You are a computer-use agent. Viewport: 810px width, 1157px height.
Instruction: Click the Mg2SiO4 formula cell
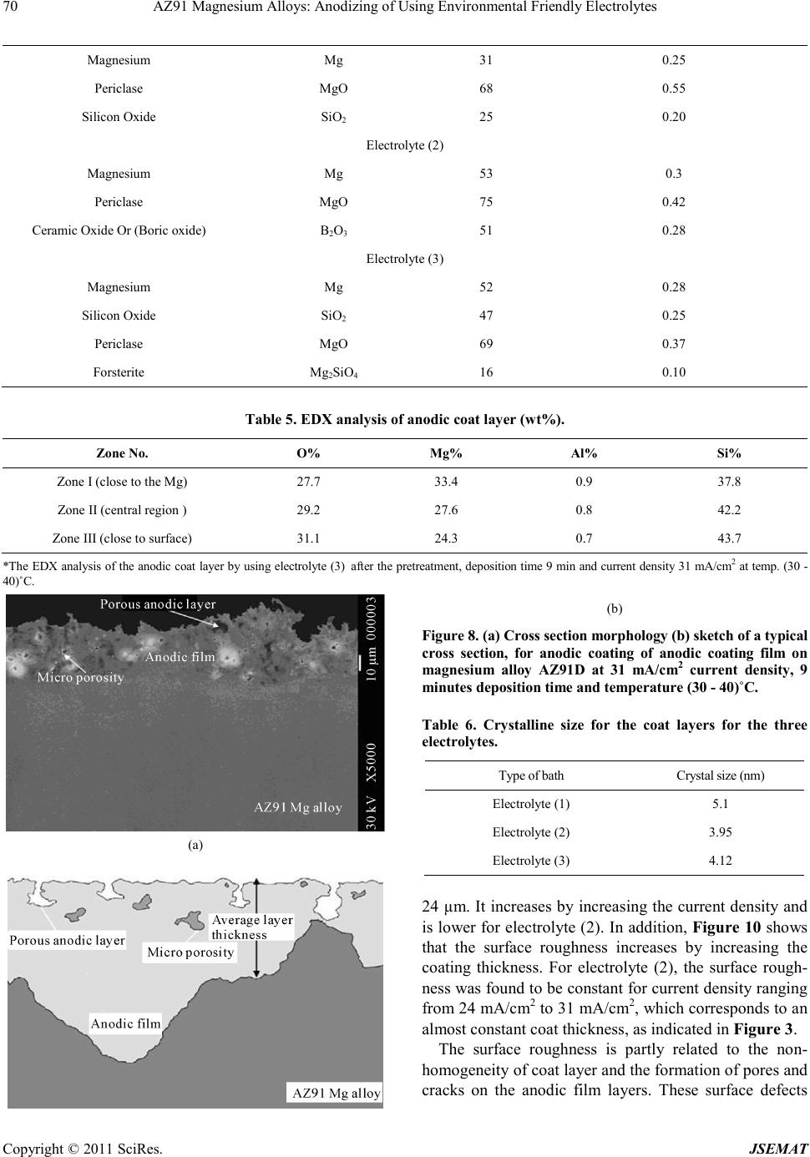(x=333, y=372)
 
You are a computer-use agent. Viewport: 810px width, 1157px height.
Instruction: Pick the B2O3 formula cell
(x=333, y=230)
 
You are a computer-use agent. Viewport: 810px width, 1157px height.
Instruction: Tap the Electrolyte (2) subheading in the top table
(x=405, y=145)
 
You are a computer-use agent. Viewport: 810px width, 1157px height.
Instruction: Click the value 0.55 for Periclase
(x=673, y=88)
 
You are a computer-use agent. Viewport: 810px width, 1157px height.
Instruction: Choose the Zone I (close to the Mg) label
(x=122, y=482)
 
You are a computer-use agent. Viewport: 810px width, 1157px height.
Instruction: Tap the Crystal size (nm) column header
(x=720, y=776)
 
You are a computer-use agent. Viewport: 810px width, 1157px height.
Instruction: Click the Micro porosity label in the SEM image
(x=80, y=677)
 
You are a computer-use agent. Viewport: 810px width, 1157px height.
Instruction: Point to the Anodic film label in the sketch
(x=125, y=1023)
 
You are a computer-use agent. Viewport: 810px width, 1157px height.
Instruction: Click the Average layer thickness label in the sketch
(x=251, y=927)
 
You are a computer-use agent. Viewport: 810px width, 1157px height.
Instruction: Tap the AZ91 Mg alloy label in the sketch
(x=335, y=1093)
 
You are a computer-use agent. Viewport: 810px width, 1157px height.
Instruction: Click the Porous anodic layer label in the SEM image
(x=158, y=604)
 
